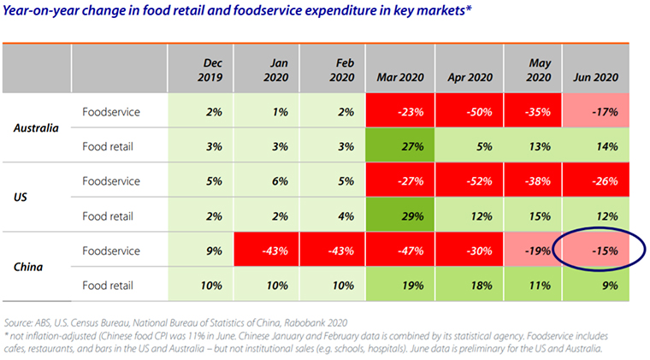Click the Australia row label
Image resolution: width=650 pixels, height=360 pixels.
click(x=37, y=128)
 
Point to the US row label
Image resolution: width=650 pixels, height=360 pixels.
click(x=23, y=198)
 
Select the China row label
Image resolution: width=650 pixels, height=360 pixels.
click(x=30, y=268)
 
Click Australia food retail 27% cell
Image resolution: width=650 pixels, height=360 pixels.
click(x=400, y=146)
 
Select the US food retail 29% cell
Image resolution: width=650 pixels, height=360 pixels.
click(x=400, y=216)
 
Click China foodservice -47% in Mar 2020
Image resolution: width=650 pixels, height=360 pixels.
click(x=400, y=252)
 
